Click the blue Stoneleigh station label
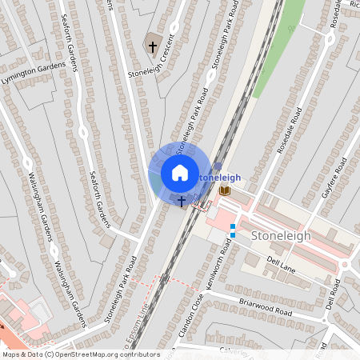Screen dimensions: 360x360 point(218,176)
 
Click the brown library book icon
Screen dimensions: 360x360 point(225,190)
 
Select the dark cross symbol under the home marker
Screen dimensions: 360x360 point(182,201)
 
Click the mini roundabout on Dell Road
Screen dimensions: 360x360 point(346,265)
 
